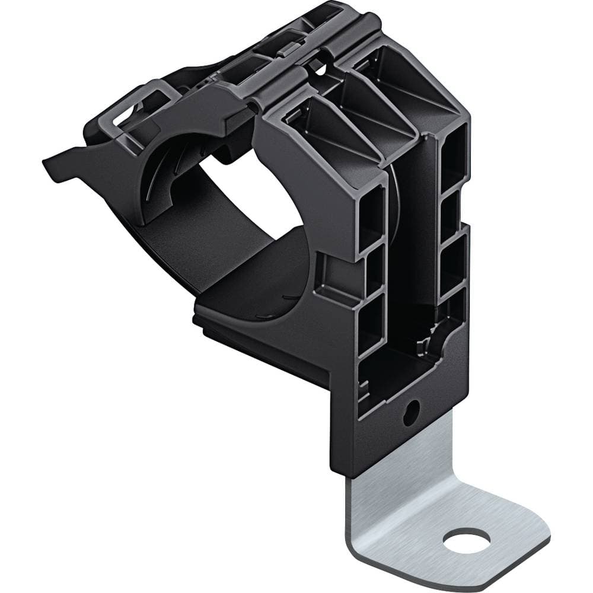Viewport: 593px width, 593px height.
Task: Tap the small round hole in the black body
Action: [411, 410]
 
